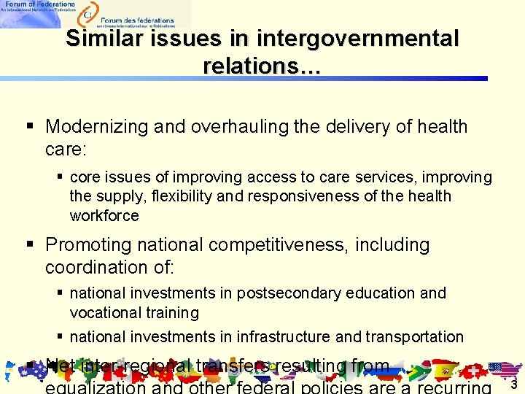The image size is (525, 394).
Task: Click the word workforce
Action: click(x=104, y=216)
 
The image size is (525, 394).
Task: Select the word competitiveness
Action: click(x=285, y=244)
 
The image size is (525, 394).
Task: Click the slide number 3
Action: click(x=513, y=385)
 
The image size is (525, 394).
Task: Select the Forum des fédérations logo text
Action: click(x=137, y=20)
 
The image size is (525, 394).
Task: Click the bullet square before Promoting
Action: click(x=31, y=244)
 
